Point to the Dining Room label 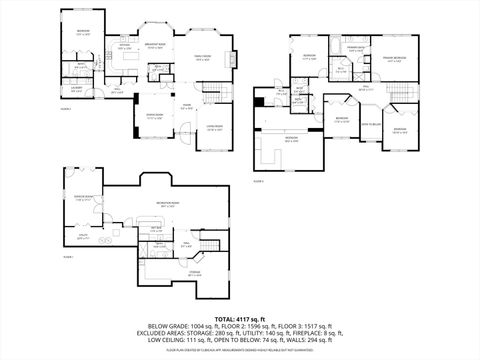coord(156,116)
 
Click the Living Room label coord(214,127)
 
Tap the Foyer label coord(186,105)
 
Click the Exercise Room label coord(83,197)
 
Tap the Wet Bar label coord(157,229)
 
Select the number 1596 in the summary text coord(276,326)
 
